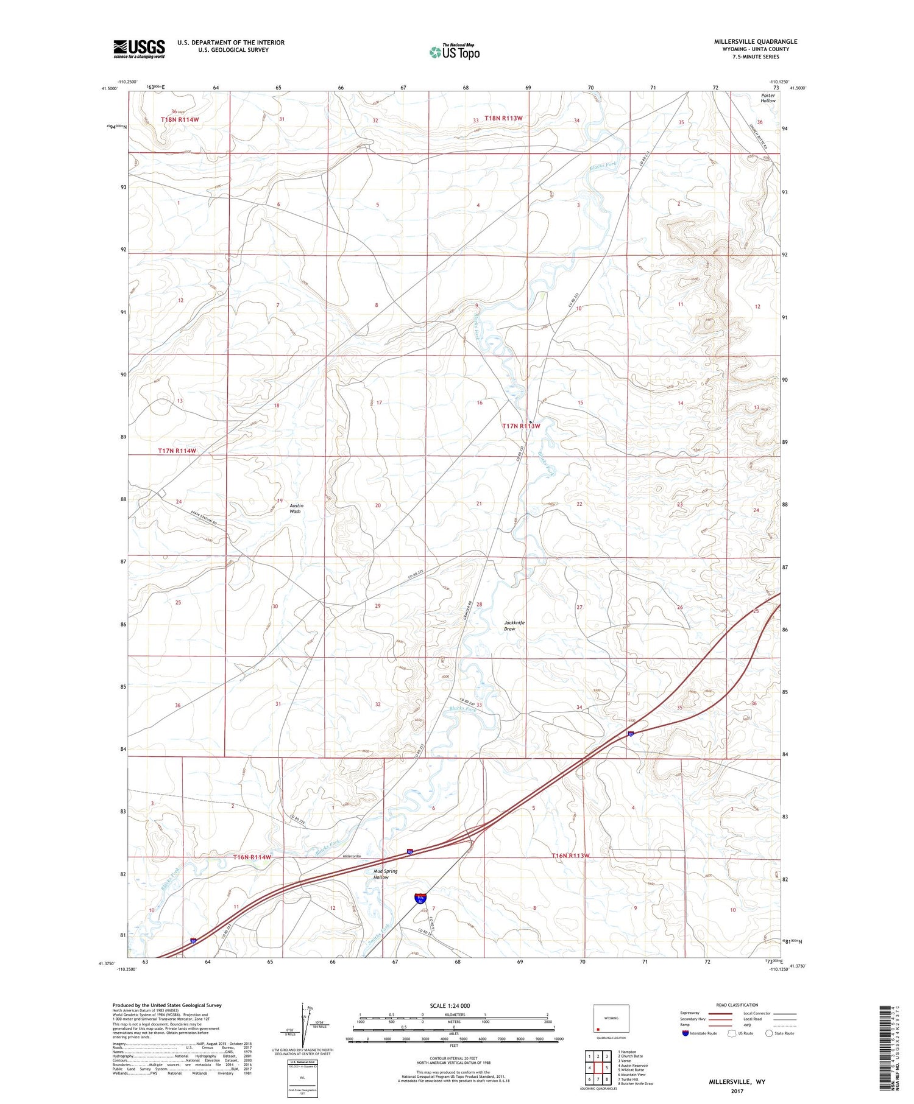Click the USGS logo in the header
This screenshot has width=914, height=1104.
139,49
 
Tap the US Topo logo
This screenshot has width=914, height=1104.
455,52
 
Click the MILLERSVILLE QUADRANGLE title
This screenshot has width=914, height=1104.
756,41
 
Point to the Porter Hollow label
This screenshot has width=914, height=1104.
768,98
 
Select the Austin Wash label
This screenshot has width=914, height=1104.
296,508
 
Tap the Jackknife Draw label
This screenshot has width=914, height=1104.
514,625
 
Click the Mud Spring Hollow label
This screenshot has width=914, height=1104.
385,874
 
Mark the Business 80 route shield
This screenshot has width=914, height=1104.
420,898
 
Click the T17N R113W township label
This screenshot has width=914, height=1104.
521,426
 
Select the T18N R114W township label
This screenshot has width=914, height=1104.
180,120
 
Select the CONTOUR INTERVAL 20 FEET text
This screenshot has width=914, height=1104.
452,1059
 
